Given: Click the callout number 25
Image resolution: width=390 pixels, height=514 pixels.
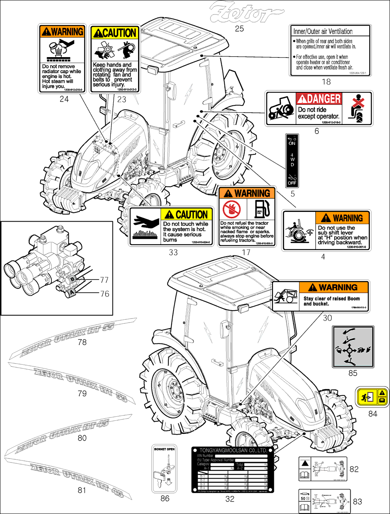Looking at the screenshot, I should [x=239, y=29].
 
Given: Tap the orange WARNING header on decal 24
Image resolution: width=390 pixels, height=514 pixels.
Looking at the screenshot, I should [x=63, y=31].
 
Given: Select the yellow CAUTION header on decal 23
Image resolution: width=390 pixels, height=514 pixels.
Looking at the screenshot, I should [x=114, y=33].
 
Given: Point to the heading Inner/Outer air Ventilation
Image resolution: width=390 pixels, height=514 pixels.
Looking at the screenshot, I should [x=323, y=31].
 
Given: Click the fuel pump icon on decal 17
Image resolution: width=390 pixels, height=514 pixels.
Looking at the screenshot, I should [x=261, y=208].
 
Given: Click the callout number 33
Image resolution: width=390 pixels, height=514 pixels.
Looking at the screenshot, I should [x=173, y=253].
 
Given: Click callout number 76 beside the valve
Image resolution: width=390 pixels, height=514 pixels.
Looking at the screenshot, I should [x=104, y=294].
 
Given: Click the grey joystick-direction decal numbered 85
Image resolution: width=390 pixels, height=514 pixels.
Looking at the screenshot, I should [x=352, y=347].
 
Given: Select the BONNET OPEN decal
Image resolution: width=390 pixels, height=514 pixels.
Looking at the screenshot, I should [x=165, y=468].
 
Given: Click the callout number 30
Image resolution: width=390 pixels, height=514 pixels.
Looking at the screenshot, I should [x=327, y=318].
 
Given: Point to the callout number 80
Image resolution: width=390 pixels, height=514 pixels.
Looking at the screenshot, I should [x=82, y=438].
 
